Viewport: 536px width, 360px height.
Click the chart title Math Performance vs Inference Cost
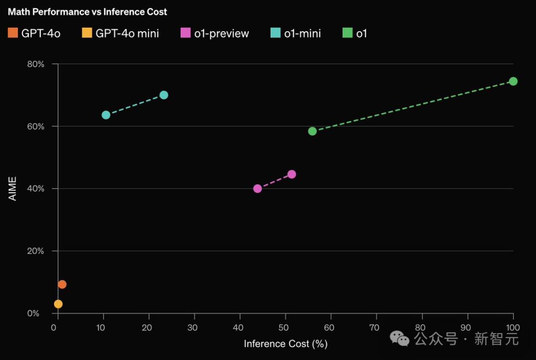click(87, 11)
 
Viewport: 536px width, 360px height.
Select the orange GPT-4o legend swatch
click(13, 33)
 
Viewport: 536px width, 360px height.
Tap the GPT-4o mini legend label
click(127, 34)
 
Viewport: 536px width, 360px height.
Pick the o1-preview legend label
click(222, 34)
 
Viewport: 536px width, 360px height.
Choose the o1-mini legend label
click(302, 34)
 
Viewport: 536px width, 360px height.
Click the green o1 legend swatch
click(347, 33)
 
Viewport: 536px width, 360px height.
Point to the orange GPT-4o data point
click(62, 285)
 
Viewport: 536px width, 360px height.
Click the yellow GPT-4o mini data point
click(58, 304)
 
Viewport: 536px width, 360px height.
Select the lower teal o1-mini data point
click(106, 115)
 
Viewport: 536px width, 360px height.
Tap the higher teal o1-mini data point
click(164, 95)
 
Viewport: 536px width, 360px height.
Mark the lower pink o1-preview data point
click(258, 189)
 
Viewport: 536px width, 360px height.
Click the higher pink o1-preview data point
click(292, 174)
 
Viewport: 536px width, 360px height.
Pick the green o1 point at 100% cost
click(513, 81)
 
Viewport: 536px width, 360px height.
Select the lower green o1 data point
click(312, 132)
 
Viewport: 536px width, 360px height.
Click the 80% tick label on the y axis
click(35, 64)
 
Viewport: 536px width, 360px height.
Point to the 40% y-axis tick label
click(35, 189)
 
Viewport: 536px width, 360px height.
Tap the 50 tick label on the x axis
click(285, 328)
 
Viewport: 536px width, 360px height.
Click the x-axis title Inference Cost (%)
click(285, 344)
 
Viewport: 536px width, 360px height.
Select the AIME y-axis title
click(13, 189)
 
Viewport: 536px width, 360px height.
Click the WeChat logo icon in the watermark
click(400, 339)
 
